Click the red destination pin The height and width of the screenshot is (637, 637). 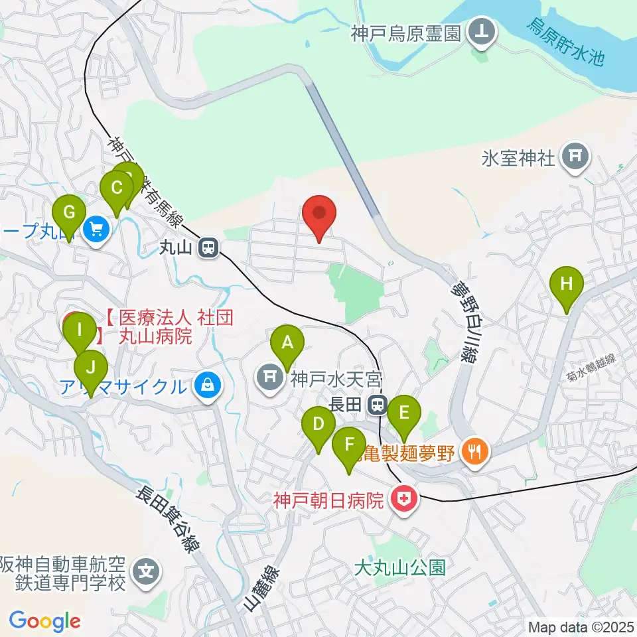[319, 214]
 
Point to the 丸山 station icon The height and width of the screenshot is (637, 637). [209, 248]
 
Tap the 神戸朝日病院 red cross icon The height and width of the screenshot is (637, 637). [403, 499]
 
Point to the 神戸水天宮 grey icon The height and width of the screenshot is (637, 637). [270, 378]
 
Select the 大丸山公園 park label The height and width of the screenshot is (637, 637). [399, 567]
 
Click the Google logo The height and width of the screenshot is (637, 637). [45, 621]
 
